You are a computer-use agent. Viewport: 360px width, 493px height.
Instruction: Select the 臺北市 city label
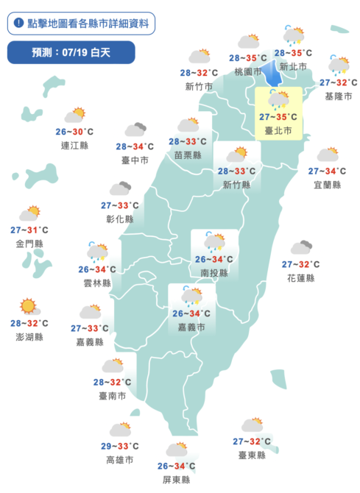278,131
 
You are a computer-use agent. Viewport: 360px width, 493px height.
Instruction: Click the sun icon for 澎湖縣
29,306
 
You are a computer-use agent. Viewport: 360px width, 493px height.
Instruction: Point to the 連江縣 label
74,146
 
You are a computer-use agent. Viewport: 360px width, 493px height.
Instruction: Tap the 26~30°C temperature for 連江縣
74,132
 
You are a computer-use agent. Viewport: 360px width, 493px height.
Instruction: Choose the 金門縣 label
29,243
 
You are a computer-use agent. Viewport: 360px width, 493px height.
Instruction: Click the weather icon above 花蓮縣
301,248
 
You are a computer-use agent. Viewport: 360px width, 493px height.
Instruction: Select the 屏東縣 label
177,480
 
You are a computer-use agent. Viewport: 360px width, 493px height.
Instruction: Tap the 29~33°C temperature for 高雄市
119,446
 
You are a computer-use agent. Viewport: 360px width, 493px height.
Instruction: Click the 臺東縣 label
251,455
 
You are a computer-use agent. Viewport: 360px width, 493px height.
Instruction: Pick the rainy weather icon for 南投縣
215,242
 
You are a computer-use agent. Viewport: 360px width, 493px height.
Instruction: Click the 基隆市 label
339,96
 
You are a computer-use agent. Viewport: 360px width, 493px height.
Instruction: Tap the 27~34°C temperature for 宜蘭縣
326,171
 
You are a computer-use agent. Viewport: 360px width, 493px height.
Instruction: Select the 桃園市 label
247,71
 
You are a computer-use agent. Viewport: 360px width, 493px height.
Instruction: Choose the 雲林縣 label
97,283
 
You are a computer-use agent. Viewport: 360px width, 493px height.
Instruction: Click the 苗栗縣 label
187,155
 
